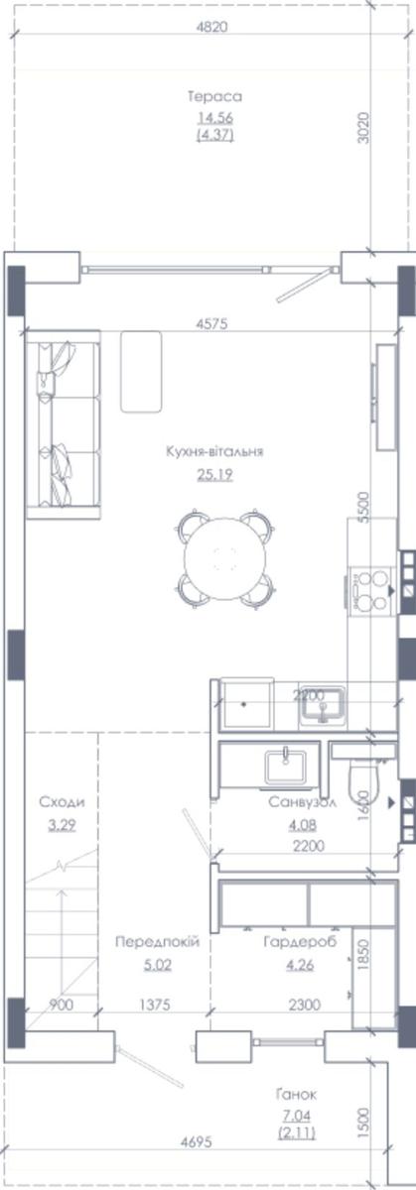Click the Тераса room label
point(214,97)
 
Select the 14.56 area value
point(215,118)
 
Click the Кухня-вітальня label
point(214,452)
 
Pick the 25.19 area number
point(214,474)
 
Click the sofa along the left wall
point(63,424)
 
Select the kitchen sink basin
point(323,706)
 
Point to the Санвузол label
point(302,801)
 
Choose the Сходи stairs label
point(62,802)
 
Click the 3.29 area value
point(62,825)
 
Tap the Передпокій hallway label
point(158,942)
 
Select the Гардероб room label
point(300,942)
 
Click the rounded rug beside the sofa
point(141,372)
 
